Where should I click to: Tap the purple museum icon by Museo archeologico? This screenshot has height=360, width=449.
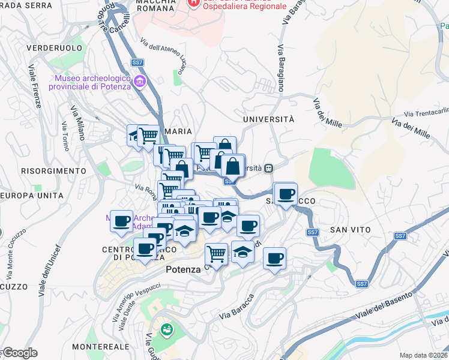[140, 81]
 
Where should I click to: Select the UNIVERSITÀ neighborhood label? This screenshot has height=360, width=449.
[268, 119]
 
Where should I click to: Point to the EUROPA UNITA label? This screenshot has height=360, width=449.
[32, 196]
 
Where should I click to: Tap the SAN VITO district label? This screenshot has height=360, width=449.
[350, 230]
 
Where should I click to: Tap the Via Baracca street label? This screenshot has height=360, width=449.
[237, 306]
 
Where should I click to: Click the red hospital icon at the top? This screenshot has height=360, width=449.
[193, 3]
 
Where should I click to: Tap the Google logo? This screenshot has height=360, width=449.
[19, 353]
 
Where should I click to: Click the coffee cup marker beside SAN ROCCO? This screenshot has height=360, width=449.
[286, 194]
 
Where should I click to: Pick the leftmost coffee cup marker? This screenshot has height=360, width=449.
[122, 221]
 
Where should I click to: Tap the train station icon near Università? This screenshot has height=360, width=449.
[270, 168]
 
